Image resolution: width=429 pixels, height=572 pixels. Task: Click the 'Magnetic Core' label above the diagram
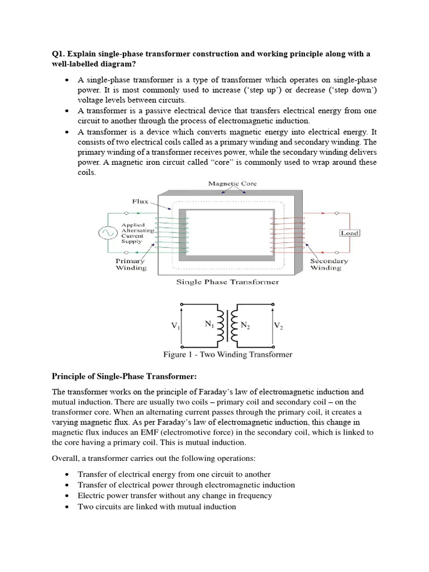pos(232,183)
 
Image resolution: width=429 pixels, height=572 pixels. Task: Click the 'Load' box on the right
pos(350,233)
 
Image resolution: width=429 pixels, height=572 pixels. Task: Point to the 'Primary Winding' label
pos(131,264)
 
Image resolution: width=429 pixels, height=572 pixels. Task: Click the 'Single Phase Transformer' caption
pos(227,282)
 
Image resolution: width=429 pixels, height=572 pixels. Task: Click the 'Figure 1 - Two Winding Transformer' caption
pos(227,354)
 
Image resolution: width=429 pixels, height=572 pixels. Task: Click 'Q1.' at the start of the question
pos(58,54)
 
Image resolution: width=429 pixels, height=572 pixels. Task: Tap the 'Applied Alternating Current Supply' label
pos(137,233)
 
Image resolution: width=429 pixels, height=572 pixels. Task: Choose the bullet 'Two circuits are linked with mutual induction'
pos(156,507)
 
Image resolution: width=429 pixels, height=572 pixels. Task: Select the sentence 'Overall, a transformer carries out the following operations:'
pos(154,458)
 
